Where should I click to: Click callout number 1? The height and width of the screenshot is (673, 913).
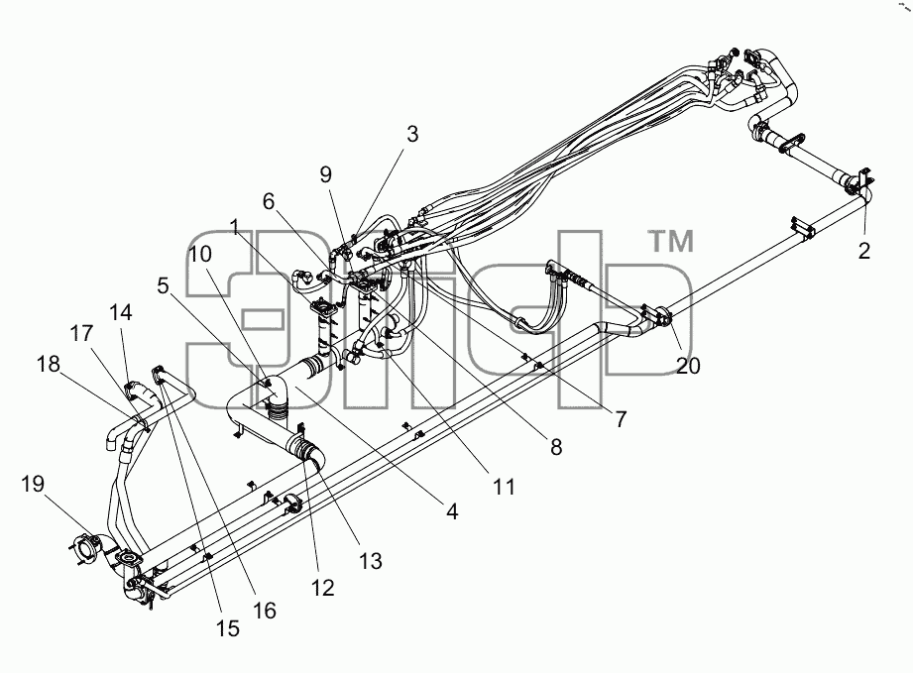click(235, 228)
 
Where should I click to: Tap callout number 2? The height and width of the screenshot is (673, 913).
click(864, 251)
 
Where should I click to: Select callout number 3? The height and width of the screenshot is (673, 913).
click(412, 134)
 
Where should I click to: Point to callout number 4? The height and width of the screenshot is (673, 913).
click(452, 511)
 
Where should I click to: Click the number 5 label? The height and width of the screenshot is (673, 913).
click(163, 285)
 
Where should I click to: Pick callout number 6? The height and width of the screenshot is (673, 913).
click(268, 201)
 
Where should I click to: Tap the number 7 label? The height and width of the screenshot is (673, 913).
click(621, 418)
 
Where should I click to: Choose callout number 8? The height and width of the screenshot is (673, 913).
click(556, 447)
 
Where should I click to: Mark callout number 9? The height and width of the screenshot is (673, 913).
click(325, 174)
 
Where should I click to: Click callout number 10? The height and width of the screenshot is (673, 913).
click(199, 254)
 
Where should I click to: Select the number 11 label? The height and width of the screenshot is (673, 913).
click(504, 487)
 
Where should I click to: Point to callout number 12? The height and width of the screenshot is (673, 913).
click(322, 588)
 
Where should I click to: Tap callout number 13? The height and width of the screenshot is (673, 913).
click(370, 561)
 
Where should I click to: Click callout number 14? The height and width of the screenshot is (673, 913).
click(121, 312)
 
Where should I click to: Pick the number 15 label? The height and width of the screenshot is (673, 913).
click(227, 628)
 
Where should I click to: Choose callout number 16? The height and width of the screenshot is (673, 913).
click(264, 611)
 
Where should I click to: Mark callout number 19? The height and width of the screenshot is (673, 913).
click(33, 484)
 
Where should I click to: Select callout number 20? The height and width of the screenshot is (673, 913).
click(688, 366)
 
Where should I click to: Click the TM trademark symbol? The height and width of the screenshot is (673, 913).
click(671, 242)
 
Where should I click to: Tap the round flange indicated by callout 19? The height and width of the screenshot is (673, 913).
click(85, 548)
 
